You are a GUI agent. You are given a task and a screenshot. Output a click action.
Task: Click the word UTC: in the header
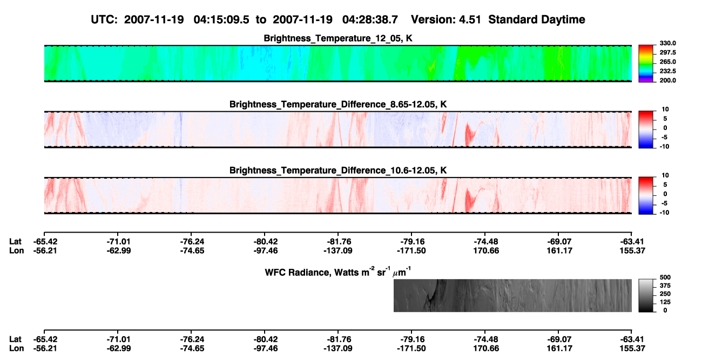coord(104,20)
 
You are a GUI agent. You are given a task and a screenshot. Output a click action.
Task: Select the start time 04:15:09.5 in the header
coord(221,20)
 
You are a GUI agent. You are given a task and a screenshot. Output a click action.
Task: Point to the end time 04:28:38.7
coord(370,20)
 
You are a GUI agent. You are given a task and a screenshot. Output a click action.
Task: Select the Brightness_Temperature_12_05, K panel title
coord(338,38)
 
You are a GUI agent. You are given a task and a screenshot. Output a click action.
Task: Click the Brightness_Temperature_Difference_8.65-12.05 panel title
coord(338,105)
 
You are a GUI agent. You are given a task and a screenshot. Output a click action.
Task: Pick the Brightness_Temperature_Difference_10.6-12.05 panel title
coord(338,171)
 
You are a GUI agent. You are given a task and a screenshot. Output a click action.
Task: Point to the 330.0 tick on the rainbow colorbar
coord(667,43)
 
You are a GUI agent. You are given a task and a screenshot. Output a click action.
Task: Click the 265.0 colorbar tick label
coord(667,62)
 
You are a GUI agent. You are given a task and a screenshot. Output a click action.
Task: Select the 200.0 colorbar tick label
coord(667,80)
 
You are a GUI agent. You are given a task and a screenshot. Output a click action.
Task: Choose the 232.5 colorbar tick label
coord(667,71)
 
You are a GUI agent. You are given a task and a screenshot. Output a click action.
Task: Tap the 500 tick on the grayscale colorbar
coord(665,277)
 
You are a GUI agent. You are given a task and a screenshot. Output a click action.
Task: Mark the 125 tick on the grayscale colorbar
coord(665,302)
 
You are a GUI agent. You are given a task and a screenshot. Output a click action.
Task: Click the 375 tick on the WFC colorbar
coord(665,286)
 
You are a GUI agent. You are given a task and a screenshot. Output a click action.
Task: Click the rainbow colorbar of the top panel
coord(646,64)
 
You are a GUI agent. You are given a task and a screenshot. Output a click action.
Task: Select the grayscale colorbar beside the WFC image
coord(646,295)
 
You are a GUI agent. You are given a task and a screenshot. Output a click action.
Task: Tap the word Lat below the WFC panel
coord(15,339)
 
